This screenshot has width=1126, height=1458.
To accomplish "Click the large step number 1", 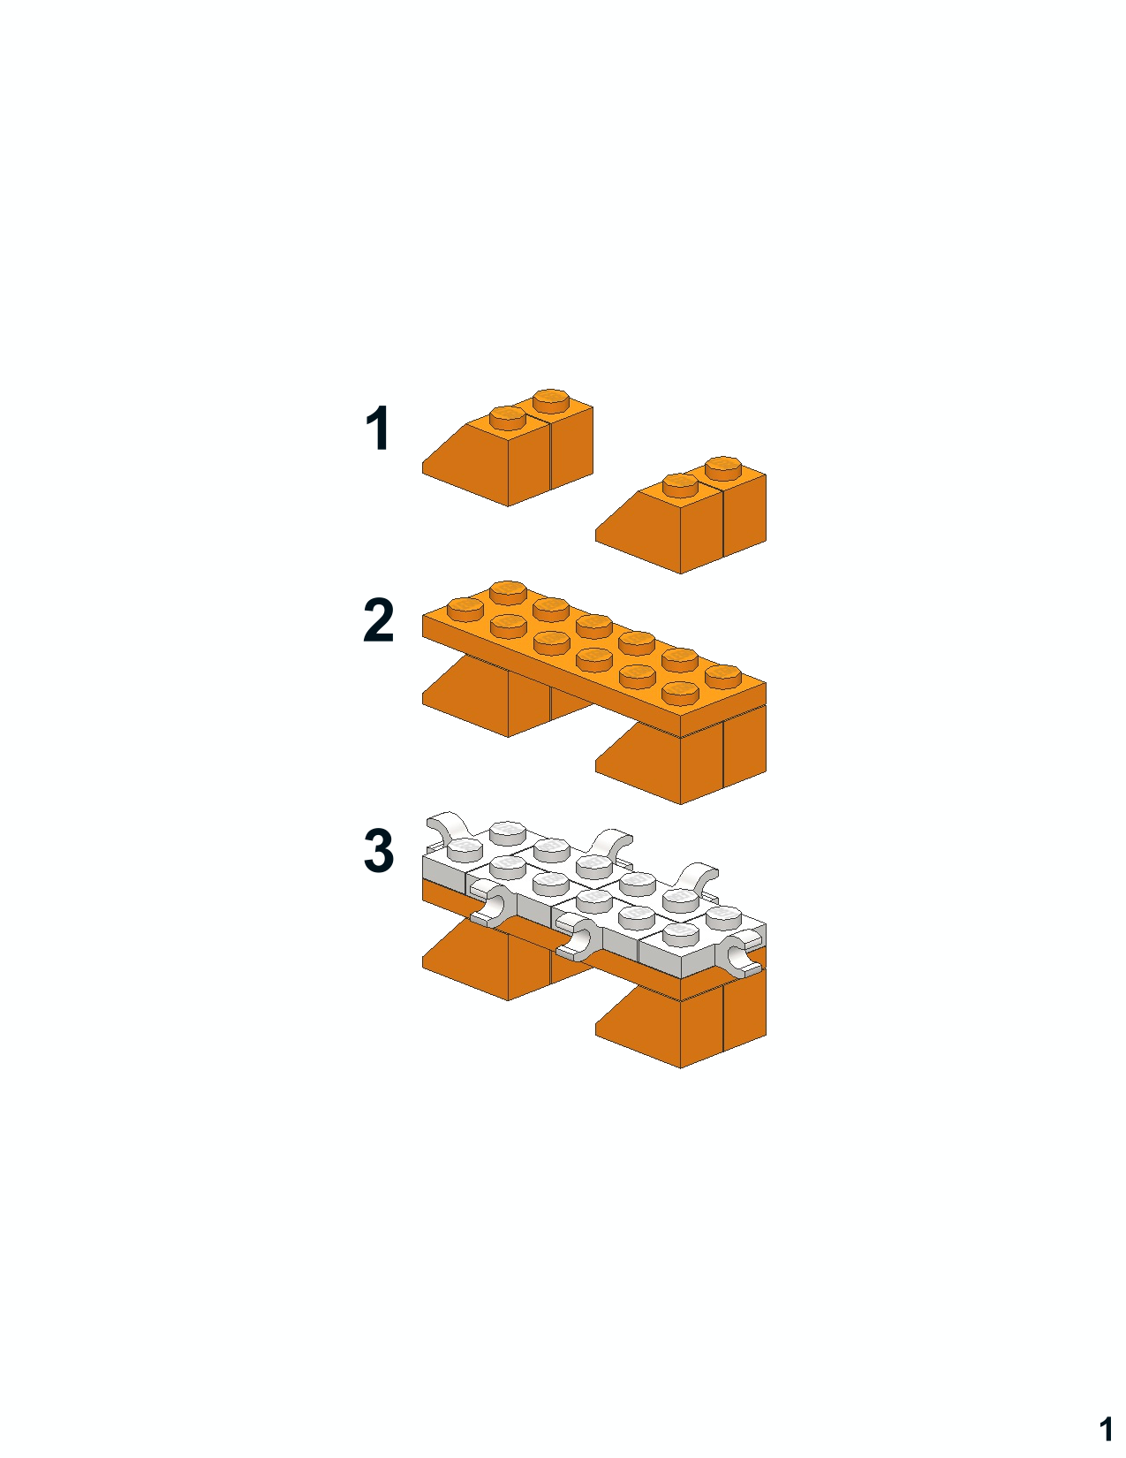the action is [x=378, y=428].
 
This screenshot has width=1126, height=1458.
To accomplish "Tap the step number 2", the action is [x=379, y=620].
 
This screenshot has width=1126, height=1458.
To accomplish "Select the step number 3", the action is [x=379, y=850].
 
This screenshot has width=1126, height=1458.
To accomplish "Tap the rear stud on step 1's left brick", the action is [x=551, y=400].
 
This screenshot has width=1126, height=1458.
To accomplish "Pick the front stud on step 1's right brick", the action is [x=681, y=485].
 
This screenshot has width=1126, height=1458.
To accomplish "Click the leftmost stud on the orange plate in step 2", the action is [x=465, y=609].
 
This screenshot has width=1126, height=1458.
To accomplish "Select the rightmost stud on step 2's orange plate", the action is [x=723, y=676].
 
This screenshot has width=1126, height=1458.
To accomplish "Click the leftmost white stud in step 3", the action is [x=465, y=849].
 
